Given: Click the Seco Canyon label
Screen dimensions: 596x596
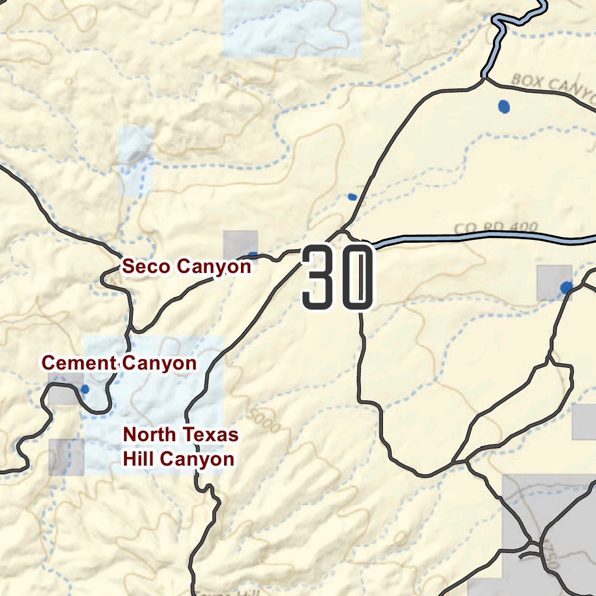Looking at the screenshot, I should coord(187,267).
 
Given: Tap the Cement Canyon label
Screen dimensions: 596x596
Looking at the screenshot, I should coord(119,363).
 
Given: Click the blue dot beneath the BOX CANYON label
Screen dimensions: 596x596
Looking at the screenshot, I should coord(504,107).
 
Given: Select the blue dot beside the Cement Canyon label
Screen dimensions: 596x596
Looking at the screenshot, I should coord(85,389).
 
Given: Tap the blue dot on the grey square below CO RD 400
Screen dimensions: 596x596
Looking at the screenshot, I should coord(566,288).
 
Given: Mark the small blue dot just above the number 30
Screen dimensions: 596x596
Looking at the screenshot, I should coord(352,197).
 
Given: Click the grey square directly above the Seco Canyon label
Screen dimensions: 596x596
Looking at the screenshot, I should coord(240,243).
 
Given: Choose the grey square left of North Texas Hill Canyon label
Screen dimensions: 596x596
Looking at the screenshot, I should coord(66,457).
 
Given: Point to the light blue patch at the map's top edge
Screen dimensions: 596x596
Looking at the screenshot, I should coord(291,28).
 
